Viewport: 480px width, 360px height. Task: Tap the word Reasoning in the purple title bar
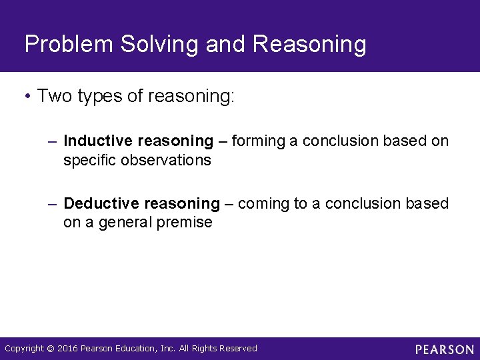[310, 45]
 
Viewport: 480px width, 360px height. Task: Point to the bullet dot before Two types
[27, 97]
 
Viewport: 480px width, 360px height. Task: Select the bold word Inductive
[98, 141]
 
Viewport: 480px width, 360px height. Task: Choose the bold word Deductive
[101, 203]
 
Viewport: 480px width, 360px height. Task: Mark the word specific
[89, 161]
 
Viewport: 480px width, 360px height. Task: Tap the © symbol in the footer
[50, 349]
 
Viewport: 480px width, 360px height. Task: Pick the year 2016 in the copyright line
[67, 349]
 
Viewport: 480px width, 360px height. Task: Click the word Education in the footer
[136, 349]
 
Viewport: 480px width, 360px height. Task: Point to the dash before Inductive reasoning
[53, 141]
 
